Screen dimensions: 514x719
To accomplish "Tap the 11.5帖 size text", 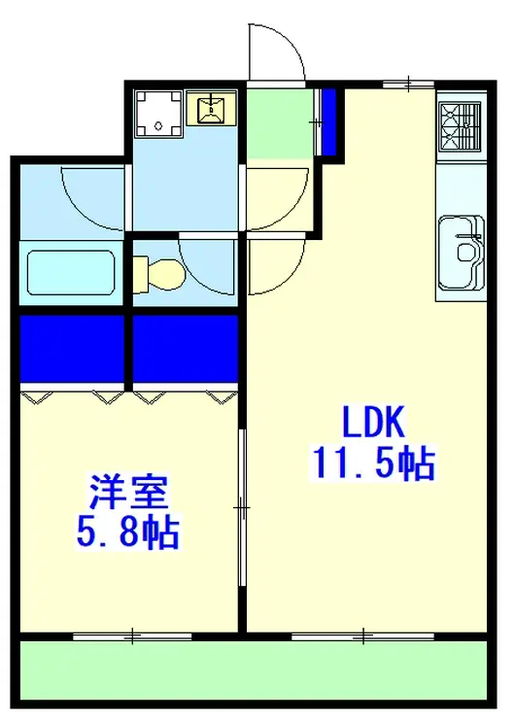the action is point(373,463).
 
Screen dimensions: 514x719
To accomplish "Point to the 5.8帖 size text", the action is point(127,532).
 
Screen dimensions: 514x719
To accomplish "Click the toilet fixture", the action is point(159,273).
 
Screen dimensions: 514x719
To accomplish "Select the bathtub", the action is point(71,273).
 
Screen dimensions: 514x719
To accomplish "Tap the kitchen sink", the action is point(461,253).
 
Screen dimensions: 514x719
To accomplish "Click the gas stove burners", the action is point(461,126).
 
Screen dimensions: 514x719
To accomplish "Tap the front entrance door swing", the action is point(276,51).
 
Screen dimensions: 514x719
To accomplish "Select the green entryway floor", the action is point(279,123).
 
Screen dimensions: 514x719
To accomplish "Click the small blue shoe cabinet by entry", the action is point(328,122).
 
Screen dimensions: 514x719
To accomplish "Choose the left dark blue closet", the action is point(72,349).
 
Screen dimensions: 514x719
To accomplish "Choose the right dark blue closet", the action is point(186,349).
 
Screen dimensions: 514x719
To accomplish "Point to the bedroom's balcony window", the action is point(132,636).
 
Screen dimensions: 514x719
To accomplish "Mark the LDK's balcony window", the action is point(363,636).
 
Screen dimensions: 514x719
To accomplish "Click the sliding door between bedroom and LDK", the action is point(242,507).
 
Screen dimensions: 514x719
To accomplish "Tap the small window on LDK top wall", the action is point(408,84).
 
